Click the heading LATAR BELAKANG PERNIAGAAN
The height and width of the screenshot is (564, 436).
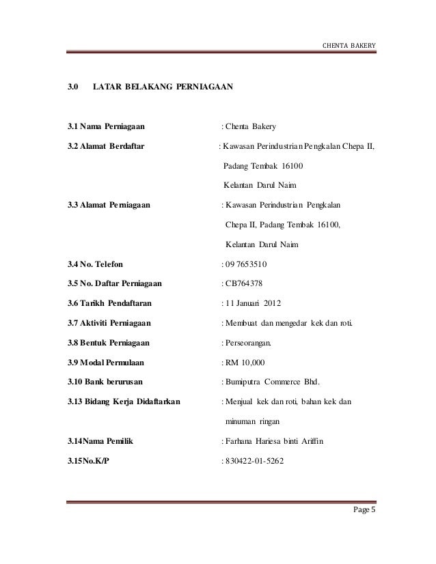click(x=163, y=88)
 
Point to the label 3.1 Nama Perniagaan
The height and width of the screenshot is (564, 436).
click(x=105, y=126)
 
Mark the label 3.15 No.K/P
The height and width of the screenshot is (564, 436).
click(x=87, y=462)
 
